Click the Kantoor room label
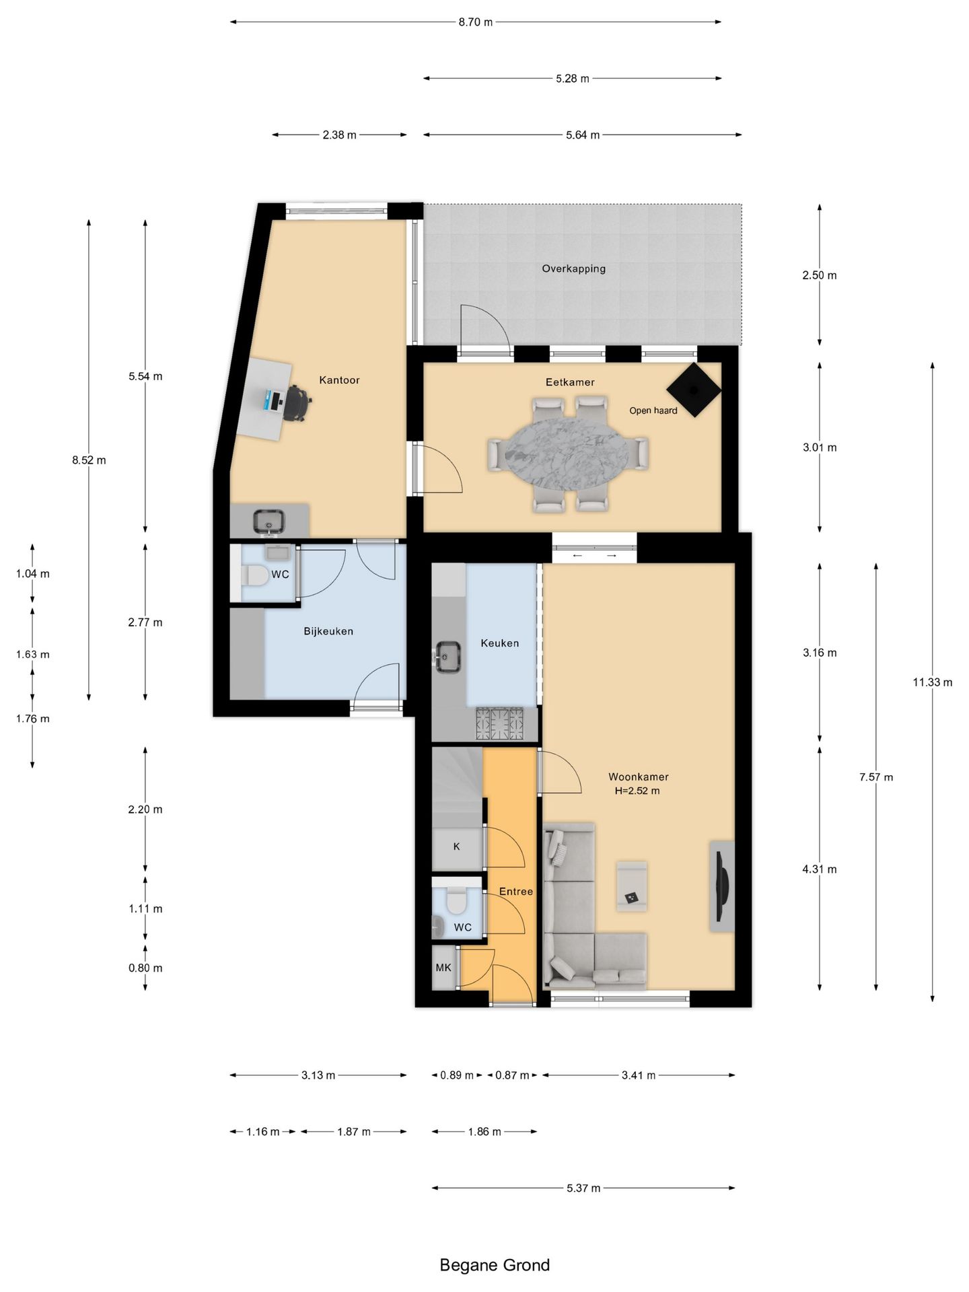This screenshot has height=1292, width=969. click(339, 380)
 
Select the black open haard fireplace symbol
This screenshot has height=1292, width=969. click(694, 390)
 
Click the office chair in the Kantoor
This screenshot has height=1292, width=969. click(297, 403)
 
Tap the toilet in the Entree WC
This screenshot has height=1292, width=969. click(457, 901)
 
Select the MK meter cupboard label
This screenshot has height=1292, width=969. click(443, 968)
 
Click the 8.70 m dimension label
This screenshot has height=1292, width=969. click(476, 22)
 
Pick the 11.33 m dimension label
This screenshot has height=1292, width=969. click(933, 682)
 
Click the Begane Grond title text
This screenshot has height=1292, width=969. click(495, 1265)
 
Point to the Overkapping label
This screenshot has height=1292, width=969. click(574, 268)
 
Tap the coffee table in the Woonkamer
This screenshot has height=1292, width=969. click(632, 886)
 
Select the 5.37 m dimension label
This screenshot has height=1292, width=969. click(583, 1188)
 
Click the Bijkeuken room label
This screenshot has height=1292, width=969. click(328, 632)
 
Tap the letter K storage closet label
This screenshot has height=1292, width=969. click(456, 847)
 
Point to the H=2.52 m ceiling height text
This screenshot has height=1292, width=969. click(637, 791)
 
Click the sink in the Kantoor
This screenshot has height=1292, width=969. click(269, 522)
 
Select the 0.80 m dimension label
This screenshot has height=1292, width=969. click(145, 968)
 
